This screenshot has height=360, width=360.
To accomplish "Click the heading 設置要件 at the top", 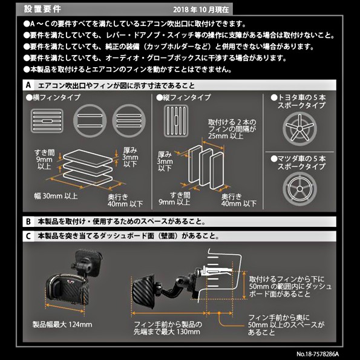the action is coord(42,9).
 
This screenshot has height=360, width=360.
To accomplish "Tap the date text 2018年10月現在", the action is coord(201,10).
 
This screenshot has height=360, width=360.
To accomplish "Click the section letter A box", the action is coord(28,85).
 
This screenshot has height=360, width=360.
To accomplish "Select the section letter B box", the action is coord(28,221).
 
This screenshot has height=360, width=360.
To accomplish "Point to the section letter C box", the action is coord(28,236).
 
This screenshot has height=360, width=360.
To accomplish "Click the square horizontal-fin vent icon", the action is coord(47,121).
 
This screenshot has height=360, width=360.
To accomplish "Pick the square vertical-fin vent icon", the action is coord(176,121).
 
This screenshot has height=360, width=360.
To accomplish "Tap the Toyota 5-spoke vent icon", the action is coord(299,129).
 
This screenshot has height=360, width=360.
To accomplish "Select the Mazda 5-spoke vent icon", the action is coord(299,189).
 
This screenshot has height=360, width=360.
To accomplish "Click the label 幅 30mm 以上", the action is coord(56,196).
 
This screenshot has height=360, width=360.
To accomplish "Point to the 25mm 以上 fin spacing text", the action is coord(226,136).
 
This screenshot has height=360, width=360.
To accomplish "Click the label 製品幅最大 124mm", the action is coord(62,324).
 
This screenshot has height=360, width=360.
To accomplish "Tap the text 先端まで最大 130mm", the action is coord(167,332).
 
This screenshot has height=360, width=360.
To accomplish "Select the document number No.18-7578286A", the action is coord(318,354).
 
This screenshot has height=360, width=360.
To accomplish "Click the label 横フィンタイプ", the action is coord(53,97).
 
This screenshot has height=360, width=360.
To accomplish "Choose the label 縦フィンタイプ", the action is coord(183,97).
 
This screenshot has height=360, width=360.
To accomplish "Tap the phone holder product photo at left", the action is coord(73,280).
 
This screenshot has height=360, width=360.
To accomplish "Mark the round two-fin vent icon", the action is coord(90,121).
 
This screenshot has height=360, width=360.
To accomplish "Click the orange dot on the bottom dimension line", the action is coord(219,313).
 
